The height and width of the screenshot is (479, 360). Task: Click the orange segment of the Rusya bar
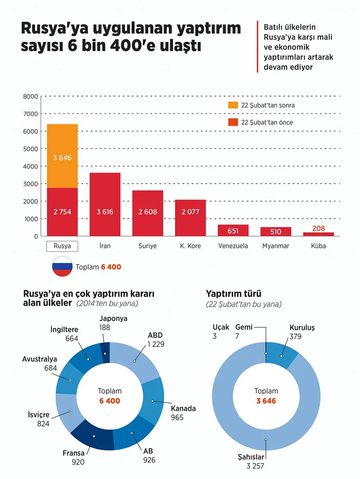click(62, 156)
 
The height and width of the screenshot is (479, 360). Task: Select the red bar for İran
click(105, 205)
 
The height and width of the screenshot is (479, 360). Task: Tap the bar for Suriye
click(148, 213)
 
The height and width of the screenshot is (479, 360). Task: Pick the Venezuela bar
click(233, 230)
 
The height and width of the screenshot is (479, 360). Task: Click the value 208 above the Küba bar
click(318, 228)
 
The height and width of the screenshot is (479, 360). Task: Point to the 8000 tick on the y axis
click(30, 97)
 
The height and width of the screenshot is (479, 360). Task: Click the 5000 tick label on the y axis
click(30, 149)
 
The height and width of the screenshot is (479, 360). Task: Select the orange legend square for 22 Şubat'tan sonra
click(232, 105)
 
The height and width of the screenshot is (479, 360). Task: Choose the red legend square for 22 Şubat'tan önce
click(232, 122)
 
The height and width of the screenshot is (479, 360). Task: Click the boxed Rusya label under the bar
click(62, 246)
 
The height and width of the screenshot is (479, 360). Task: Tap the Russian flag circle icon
click(62, 267)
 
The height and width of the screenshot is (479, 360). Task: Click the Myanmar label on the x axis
click(276, 246)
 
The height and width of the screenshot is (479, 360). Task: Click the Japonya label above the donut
click(113, 319)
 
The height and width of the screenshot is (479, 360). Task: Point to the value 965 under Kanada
click(177, 418)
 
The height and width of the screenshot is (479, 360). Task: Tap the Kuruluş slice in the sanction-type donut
click(283, 354)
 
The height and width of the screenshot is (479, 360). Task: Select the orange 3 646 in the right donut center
click(266, 401)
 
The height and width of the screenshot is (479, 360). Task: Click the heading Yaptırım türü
click(234, 294)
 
